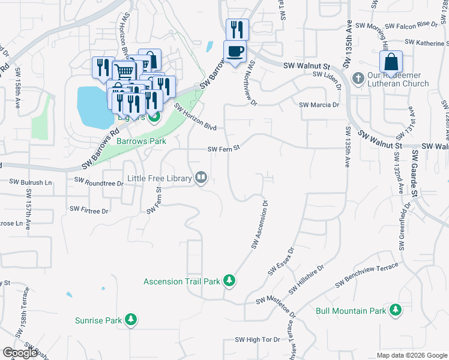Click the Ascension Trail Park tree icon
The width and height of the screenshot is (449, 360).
[229, 281]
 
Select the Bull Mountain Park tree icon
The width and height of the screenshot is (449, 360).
[395, 310]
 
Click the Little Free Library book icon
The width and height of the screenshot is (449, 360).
[200, 178]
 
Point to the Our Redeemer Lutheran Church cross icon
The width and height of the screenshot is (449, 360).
[358, 78]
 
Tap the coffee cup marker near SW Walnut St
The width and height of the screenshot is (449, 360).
[235, 51]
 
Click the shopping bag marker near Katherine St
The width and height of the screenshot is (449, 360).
[391, 62]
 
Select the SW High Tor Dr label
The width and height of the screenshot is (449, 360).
[258, 340]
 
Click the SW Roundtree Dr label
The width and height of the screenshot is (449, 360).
[98, 180]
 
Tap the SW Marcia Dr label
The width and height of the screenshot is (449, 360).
[319, 105]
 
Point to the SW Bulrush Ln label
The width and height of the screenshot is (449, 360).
[31, 181]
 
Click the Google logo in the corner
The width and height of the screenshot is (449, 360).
[20, 353]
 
